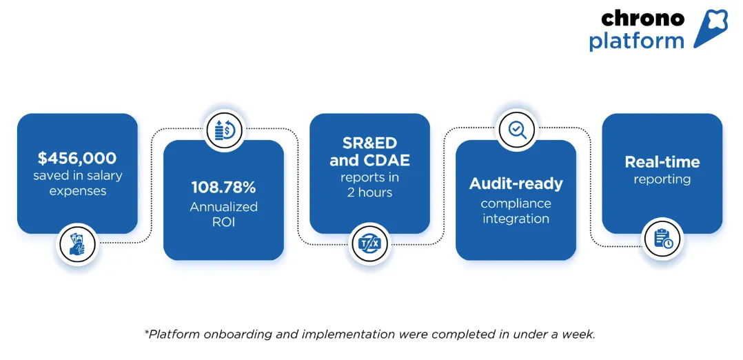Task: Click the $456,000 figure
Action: click(77, 159)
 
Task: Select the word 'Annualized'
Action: click(223, 206)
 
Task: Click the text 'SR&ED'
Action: click(369, 143)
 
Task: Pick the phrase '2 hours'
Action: click(369, 192)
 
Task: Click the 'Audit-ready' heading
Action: click(516, 184)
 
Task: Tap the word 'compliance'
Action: click(516, 203)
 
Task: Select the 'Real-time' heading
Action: click(662, 162)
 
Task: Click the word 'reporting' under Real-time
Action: click(662, 179)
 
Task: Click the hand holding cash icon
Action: click(77, 245)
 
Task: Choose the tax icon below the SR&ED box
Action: click(370, 243)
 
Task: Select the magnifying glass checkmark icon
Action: click(517, 129)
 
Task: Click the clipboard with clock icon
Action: click(662, 239)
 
